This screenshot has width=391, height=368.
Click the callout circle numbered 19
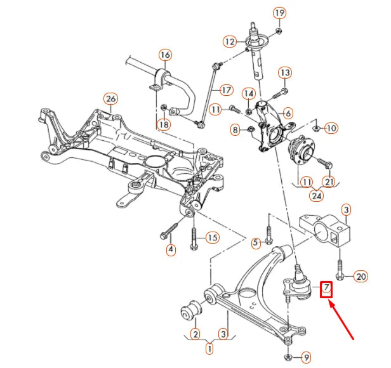[x=280, y=13]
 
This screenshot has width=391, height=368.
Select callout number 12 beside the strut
[x=230, y=42]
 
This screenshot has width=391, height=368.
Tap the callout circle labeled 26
[x=110, y=99]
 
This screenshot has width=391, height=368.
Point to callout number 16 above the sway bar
[x=165, y=55]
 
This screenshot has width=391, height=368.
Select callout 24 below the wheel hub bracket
[x=316, y=195]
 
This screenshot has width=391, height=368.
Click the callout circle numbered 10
[x=331, y=128]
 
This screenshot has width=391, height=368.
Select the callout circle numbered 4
[x=171, y=249]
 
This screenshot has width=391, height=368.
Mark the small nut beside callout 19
[x=280, y=30]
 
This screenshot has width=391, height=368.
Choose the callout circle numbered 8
[x=236, y=131]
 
